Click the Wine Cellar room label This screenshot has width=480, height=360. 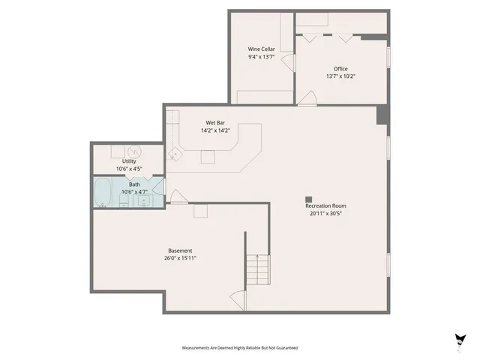coord(262,49)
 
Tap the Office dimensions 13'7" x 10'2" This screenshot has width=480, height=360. coord(340,76)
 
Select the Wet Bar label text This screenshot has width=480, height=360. coord(215,123)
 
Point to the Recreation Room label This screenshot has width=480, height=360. coord(325,205)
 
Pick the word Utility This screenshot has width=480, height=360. coord(129,161)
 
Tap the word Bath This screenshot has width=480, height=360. coord(134,184)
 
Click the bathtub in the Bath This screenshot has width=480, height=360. coord(103,193)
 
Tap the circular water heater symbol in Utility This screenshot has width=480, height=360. coord(135,151)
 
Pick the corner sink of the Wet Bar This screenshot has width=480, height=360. coord(175,154)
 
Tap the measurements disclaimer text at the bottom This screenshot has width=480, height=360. coord(239,348)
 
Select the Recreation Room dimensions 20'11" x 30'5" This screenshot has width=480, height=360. coord(325,214)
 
